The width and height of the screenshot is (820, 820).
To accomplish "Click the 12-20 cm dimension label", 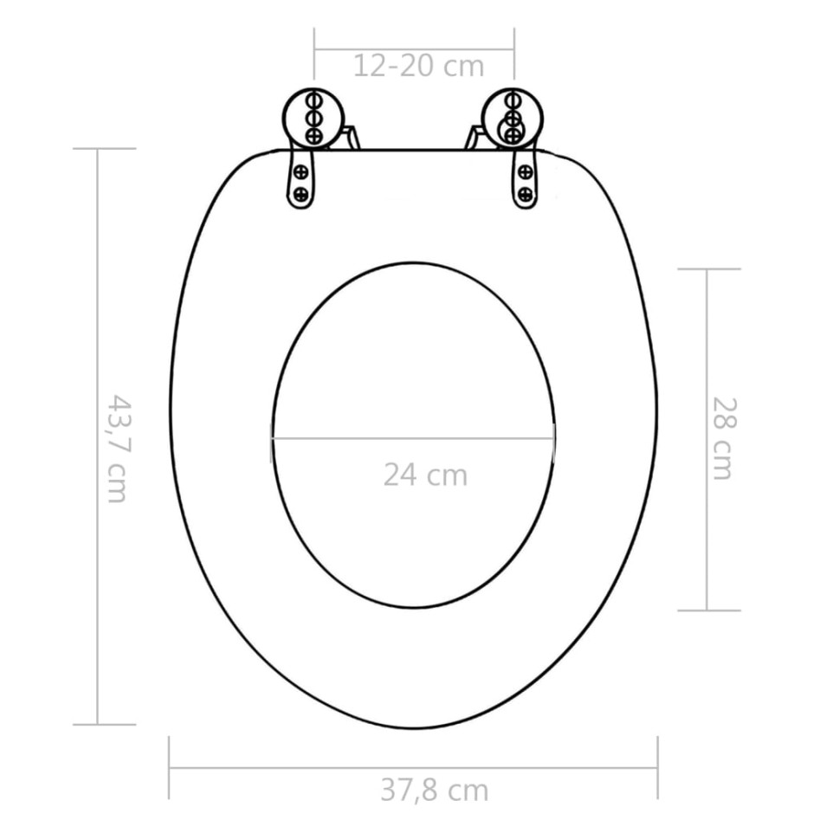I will pos(418,66).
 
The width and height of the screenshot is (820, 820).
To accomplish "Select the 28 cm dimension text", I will pos(721,437).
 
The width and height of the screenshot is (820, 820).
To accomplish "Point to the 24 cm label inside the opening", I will pos(425,475).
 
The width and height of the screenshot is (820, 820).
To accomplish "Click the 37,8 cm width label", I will pos(434,790).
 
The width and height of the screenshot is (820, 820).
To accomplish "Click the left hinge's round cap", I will pos(314,118).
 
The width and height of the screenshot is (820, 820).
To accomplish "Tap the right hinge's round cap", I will pos(513,118).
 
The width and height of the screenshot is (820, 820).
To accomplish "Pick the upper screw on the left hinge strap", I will pos(301,172).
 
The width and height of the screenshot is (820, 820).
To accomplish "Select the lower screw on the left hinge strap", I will pos(301,195).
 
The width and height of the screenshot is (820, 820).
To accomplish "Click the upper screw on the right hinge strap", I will pos(525,172).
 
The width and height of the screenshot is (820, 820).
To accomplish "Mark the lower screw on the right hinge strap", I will pos(525,195).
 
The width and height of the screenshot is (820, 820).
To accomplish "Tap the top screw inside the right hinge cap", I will pos(513,100).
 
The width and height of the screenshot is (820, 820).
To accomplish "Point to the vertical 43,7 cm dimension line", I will pos(97,346).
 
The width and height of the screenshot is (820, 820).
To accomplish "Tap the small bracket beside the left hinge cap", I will pos(350,138).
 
